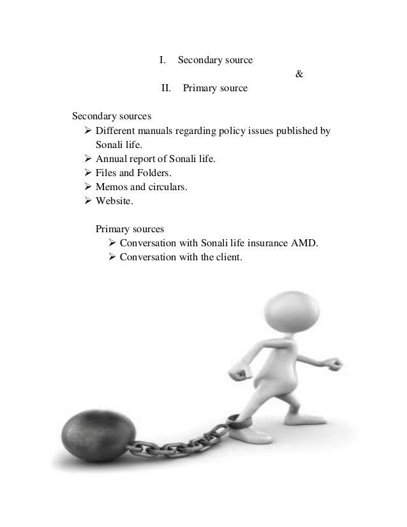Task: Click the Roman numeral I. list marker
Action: [x=162, y=61]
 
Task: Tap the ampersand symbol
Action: [x=299, y=75]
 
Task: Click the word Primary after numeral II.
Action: [x=198, y=89]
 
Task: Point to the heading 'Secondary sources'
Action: [x=111, y=117]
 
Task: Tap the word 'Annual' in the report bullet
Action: [x=110, y=160]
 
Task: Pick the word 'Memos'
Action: [x=110, y=188]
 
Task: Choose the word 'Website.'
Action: [x=115, y=202]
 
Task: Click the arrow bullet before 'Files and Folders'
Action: [x=88, y=174]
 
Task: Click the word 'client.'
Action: [x=228, y=258]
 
